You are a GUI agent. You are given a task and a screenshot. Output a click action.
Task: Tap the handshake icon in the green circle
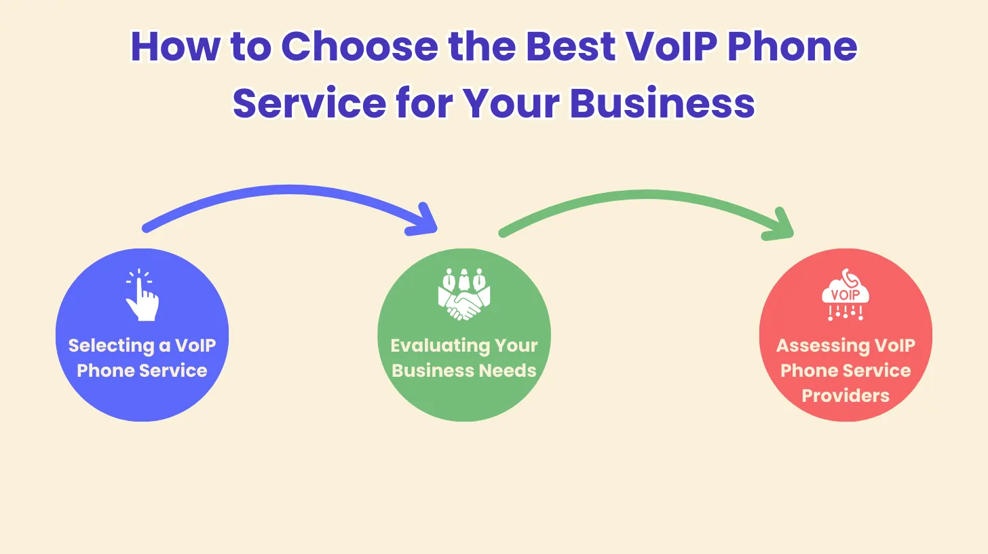point(464,295)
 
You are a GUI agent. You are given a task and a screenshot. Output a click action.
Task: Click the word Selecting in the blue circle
point(111,346)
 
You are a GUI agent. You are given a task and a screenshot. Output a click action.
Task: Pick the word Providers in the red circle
point(845,395)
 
